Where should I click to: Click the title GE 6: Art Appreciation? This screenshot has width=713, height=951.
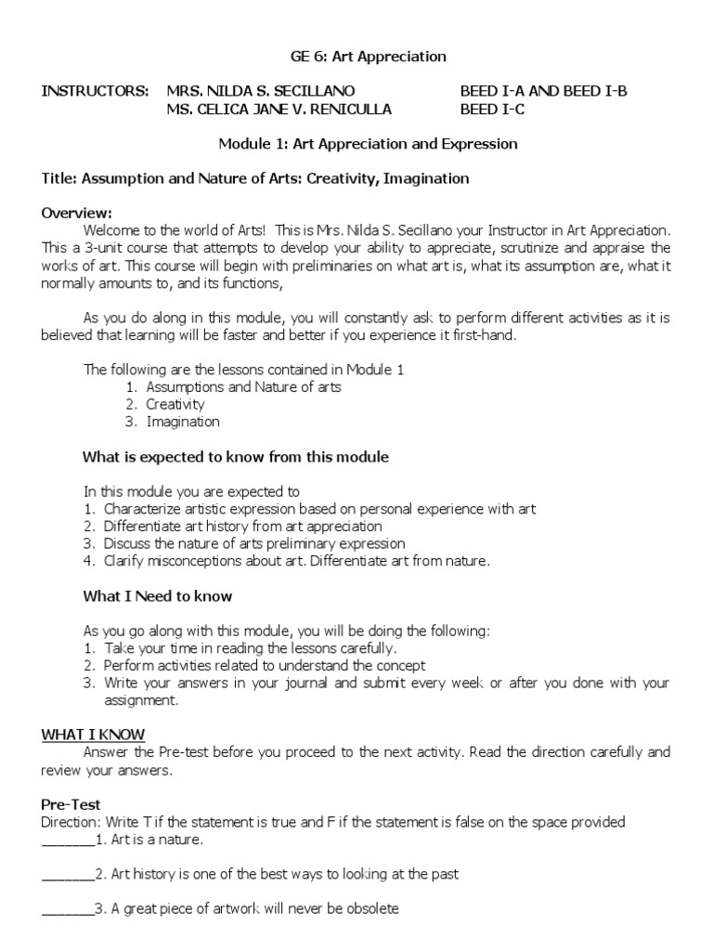(x=369, y=57)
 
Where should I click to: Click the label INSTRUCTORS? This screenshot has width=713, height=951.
(x=95, y=91)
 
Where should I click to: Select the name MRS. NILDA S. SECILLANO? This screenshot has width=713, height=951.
(x=261, y=91)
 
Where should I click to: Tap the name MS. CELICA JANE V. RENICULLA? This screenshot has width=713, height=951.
(x=279, y=109)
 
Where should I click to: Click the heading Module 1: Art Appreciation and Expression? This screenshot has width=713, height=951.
(x=368, y=144)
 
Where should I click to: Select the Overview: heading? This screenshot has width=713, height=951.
(x=76, y=213)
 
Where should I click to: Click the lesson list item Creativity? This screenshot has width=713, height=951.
(x=175, y=404)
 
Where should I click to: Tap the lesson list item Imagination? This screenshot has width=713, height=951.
(x=183, y=422)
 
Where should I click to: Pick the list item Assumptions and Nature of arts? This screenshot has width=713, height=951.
(x=243, y=386)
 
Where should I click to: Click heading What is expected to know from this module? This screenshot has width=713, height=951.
(x=236, y=457)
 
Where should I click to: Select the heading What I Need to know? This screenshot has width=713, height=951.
(x=158, y=596)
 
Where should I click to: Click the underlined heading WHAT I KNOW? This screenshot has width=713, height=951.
(x=93, y=735)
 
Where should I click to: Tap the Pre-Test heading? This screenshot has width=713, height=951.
(x=71, y=804)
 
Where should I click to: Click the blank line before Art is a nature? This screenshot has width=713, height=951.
(x=68, y=840)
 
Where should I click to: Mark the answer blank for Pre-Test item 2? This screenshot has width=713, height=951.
(x=68, y=875)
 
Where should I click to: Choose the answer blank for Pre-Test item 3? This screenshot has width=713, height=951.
(x=68, y=909)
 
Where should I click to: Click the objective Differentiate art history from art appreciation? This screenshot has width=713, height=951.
(x=243, y=527)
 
